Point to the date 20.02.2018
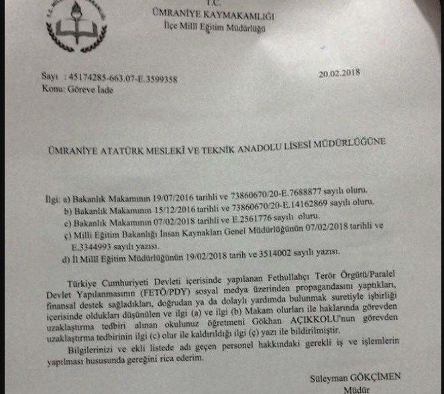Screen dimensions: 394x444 coord(340,75)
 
